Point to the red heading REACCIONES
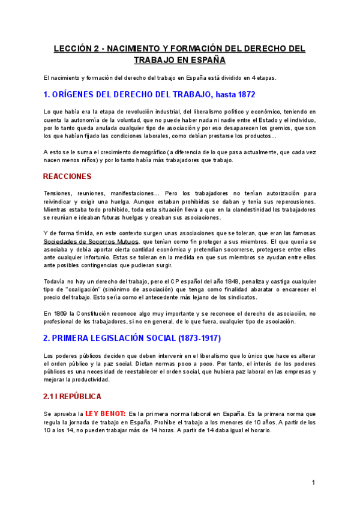[x=67, y=176]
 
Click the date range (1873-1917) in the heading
[x=191, y=339]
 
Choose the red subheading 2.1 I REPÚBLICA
[x=72, y=397]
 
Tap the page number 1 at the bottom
[x=313, y=483]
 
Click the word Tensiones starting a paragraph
[x=59, y=193]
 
